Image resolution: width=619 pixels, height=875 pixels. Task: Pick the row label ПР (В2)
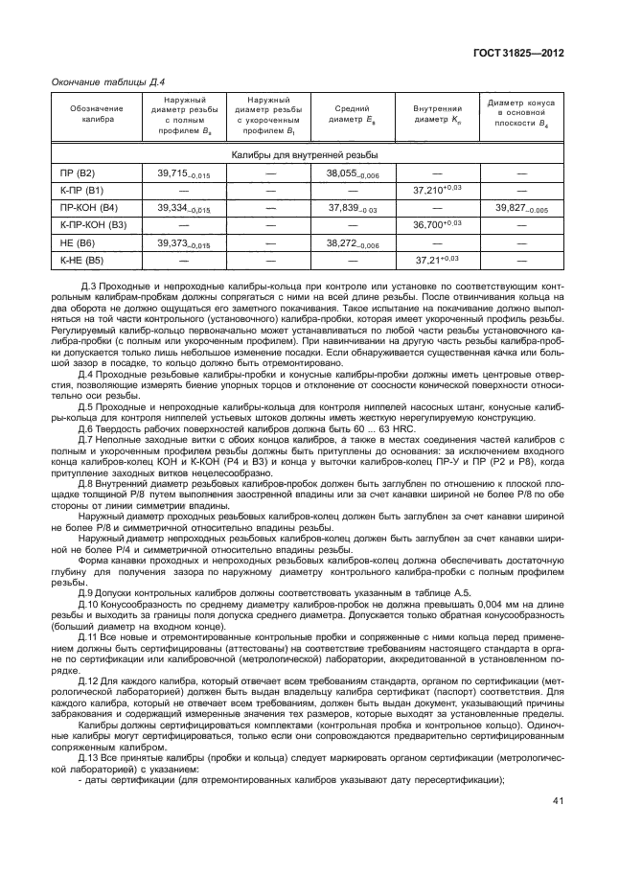[x=79, y=173]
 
